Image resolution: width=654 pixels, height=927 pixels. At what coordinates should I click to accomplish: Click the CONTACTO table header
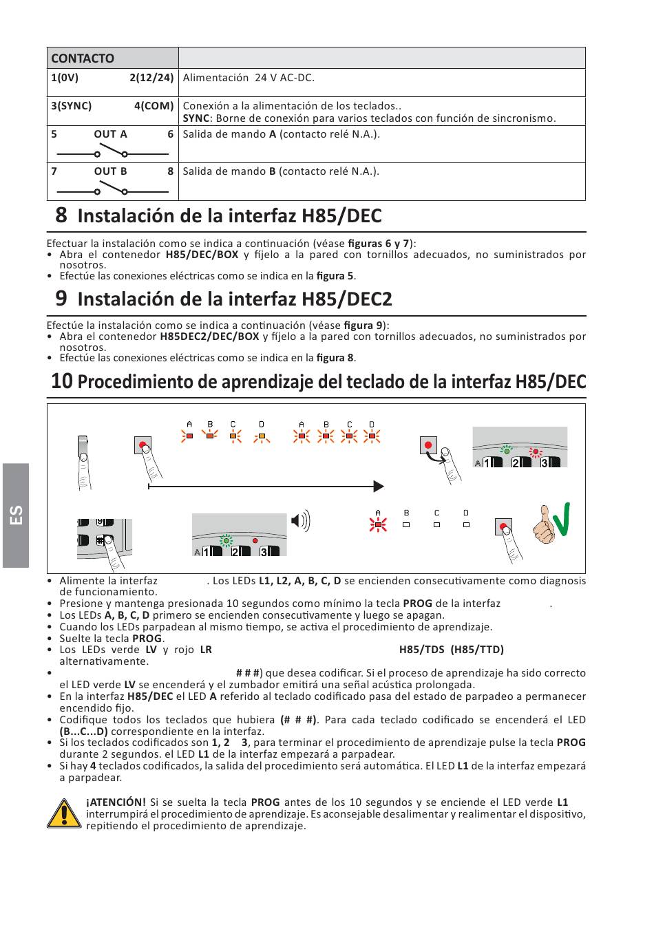pyautogui.click(x=83, y=58)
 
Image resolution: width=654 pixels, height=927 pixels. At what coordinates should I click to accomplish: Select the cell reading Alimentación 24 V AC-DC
pyautogui.click(x=249, y=78)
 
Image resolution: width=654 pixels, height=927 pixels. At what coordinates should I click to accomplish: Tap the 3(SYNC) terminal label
pyautogui.click(x=71, y=106)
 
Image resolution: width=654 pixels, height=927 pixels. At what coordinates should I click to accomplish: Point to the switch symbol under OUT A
pyautogui.click(x=112, y=151)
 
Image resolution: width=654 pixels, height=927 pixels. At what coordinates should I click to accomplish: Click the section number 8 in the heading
pyautogui.click(x=61, y=215)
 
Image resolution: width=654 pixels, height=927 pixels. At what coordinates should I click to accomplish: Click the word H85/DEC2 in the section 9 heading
pyautogui.click(x=346, y=299)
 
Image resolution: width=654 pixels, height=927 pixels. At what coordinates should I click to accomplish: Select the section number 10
pyautogui.click(x=62, y=381)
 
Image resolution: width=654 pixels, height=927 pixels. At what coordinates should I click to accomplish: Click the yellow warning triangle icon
pyautogui.click(x=64, y=813)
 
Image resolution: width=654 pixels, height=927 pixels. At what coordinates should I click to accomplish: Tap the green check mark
pyautogui.click(x=562, y=519)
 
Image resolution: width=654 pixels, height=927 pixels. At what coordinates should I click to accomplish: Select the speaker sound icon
pyautogui.click(x=301, y=520)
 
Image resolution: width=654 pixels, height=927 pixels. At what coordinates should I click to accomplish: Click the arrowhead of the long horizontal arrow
pyautogui.click(x=379, y=487)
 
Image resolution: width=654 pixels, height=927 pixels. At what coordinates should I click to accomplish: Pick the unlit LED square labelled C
pyautogui.click(x=436, y=524)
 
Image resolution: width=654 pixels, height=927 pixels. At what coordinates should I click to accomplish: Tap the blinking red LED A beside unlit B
pyautogui.click(x=378, y=525)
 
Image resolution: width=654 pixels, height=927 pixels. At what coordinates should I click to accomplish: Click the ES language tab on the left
pyautogui.click(x=16, y=515)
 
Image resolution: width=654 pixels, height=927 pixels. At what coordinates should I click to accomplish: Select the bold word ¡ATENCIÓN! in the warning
pyautogui.click(x=116, y=802)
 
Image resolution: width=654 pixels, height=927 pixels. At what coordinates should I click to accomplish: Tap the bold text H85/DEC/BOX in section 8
pyautogui.click(x=202, y=255)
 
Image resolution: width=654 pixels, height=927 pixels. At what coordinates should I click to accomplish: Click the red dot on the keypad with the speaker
pyautogui.click(x=255, y=541)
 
